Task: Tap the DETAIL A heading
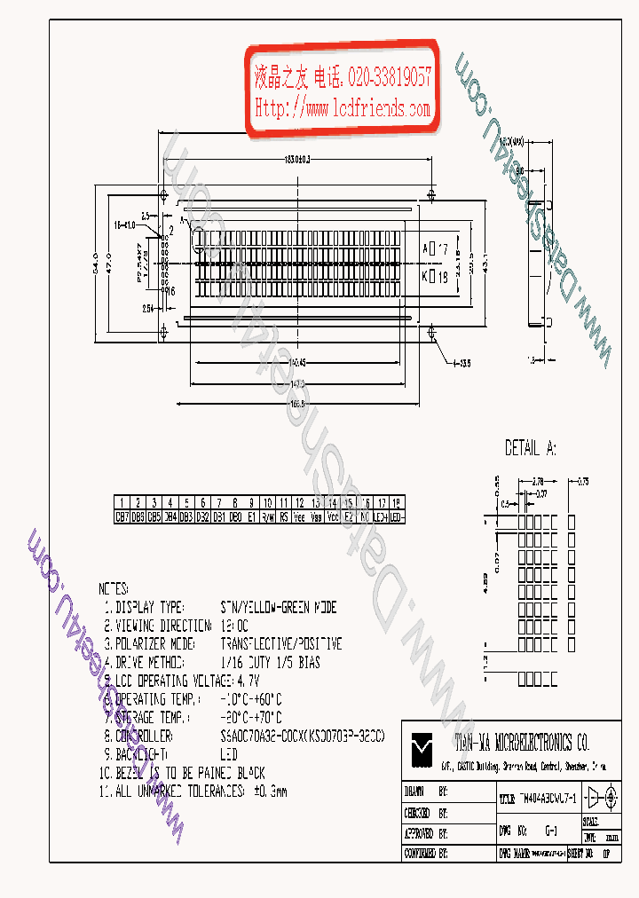(x=531, y=448)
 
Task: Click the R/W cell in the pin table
(x=267, y=515)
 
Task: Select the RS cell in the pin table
(x=284, y=515)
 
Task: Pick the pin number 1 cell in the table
(x=122, y=503)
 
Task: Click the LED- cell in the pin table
(x=397, y=515)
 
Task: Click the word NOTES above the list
(x=114, y=588)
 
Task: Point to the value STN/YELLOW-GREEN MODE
(x=279, y=608)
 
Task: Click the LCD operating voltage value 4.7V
(x=249, y=681)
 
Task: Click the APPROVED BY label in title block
(x=419, y=834)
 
